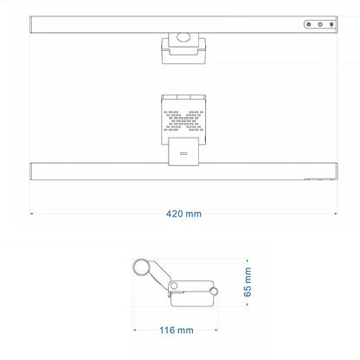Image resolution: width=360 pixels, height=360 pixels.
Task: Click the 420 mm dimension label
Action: coord(183,214)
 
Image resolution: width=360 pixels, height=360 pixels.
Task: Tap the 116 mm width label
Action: coord(177,330)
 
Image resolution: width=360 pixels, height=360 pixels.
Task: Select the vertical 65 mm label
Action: coord(247,282)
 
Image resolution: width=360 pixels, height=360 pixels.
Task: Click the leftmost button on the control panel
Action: coord(309,24)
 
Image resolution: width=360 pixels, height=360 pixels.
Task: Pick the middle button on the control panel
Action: coord(320,24)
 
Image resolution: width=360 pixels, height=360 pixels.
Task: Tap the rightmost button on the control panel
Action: coord(331,24)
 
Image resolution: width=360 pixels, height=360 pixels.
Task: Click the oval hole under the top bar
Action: coord(183,37)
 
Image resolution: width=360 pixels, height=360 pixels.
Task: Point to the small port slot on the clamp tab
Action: coord(183,153)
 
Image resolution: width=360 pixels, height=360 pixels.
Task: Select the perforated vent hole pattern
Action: coord(183,121)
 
